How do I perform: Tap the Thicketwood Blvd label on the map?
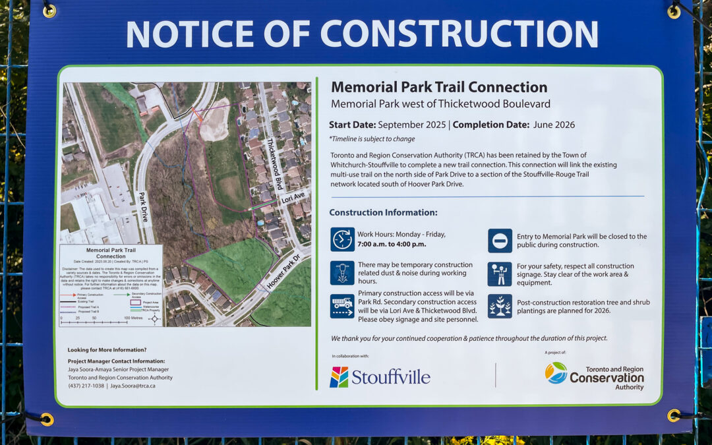[275, 164]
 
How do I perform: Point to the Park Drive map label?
[143, 206]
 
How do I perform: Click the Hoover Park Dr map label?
[283, 271]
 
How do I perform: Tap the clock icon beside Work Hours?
[342, 239]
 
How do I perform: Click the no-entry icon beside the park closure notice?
[500, 241]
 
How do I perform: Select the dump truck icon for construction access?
[342, 306]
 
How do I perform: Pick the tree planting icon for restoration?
[500, 306]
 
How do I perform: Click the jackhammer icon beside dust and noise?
[342, 273]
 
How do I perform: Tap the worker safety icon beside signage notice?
[500, 274]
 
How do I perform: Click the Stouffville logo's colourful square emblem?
[339, 377]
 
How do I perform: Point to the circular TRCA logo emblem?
[556, 372]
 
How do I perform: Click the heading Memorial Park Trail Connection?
[439, 87]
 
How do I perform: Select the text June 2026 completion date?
[553, 125]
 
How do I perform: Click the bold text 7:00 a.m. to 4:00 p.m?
[392, 244]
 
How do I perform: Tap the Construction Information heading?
[383, 212]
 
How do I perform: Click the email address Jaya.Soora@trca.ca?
[133, 386]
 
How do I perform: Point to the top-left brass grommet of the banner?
[49, 11]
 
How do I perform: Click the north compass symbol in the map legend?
[154, 318]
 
